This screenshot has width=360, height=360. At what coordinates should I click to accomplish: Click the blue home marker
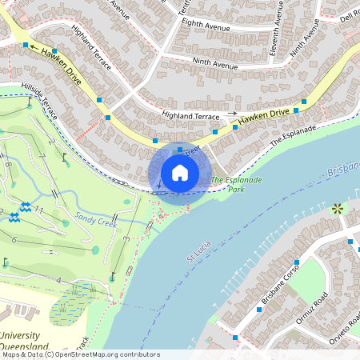coord(180,172)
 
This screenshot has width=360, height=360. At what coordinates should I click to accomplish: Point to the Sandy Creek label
coord(95,217)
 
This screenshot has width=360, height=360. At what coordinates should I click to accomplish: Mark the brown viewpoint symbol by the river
coord(337,209)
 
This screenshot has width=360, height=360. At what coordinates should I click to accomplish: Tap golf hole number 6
coord(14,239)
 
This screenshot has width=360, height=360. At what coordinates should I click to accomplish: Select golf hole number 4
coord(58,279)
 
